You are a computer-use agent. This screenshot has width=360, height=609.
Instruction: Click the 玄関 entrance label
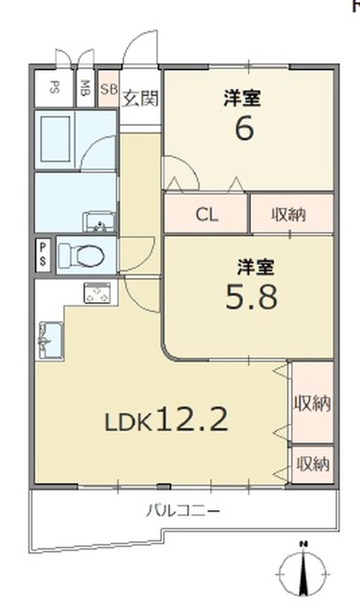141,99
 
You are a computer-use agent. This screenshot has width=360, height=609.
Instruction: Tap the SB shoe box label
109,89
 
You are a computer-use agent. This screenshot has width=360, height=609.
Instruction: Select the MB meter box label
85,88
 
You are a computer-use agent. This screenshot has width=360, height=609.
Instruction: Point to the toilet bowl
82,256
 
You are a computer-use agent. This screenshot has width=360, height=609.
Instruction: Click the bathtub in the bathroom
56,139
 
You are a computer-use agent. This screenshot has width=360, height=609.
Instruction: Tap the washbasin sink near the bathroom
100,222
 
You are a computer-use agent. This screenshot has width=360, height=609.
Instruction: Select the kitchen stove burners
97,292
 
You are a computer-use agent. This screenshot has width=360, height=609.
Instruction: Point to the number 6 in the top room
244,129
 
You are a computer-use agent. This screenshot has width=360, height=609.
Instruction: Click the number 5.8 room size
252,297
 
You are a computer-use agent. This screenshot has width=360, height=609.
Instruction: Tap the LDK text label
128,423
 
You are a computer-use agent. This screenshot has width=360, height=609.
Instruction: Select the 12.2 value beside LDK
192,419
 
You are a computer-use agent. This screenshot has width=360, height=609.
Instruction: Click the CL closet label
207,214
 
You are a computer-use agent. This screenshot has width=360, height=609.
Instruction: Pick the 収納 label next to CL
288,214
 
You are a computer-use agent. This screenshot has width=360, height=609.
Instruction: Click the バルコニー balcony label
183,510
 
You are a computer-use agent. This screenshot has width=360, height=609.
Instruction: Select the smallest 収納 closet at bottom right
313,464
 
